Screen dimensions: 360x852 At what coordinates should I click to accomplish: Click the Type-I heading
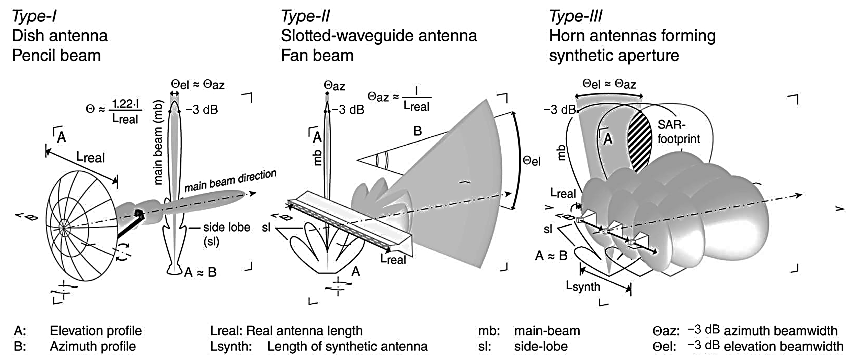coord(34,16)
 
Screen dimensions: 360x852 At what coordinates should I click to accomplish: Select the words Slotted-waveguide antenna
coord(379,36)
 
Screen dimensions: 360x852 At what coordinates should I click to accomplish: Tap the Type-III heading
coord(575,16)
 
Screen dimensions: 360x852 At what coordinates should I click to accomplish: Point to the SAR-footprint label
coord(678,132)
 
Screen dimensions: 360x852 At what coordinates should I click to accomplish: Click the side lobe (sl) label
coord(227,234)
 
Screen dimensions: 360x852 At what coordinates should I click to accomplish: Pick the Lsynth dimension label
coord(583,286)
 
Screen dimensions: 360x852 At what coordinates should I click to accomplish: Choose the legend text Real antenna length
coord(304,331)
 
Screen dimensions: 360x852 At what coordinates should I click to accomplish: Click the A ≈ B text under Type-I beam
coord(200,272)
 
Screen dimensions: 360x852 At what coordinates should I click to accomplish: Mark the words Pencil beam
coord(56,56)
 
